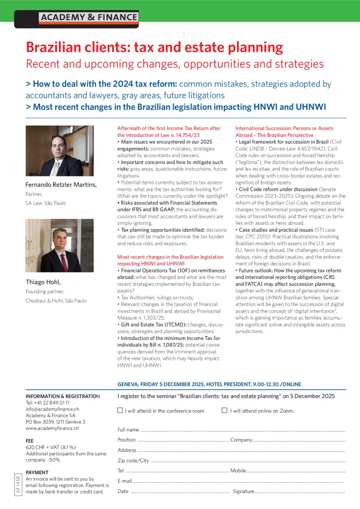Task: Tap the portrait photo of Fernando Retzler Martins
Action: tap(59, 151)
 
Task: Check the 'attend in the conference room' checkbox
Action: tap(120, 411)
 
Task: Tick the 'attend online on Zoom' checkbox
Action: tap(225, 411)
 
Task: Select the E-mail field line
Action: tap(239, 482)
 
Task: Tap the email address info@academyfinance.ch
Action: tap(52, 409)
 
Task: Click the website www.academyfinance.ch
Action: tap(52, 428)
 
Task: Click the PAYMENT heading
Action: tap(37, 472)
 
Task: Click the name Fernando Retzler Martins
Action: tap(61, 185)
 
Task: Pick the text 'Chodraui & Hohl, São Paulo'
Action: tap(56, 301)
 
